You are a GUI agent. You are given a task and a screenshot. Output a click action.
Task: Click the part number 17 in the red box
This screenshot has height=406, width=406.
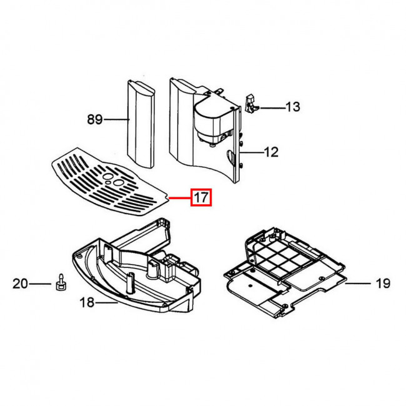tap(201, 197)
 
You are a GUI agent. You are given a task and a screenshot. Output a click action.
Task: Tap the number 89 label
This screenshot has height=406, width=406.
tap(95, 119)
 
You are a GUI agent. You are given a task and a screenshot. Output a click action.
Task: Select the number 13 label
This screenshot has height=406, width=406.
tap(292, 107)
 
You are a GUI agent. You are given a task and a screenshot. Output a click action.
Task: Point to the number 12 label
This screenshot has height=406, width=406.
tap(271, 152)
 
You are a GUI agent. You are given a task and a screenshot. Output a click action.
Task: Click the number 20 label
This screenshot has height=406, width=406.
tap(20, 284)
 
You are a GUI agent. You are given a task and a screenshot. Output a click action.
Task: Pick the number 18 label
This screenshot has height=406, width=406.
tap(87, 302)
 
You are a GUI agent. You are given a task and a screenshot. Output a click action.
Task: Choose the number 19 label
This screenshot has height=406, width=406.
tap(383, 284)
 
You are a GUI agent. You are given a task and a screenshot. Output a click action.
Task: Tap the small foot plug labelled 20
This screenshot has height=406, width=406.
tap(61, 282)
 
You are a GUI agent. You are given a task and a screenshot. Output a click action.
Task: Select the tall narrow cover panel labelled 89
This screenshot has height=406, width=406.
tap(141, 124)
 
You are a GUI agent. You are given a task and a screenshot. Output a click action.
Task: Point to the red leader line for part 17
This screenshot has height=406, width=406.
tap(180, 199)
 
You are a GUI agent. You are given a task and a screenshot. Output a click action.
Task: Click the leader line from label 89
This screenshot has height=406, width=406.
tap(117, 119)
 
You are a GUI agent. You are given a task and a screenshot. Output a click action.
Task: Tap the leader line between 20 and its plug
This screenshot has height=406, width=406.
tap(40, 284)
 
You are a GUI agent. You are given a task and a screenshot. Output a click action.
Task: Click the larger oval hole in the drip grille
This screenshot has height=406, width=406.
tap(118, 183)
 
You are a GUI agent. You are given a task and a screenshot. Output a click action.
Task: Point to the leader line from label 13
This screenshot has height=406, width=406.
tap(272, 107)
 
